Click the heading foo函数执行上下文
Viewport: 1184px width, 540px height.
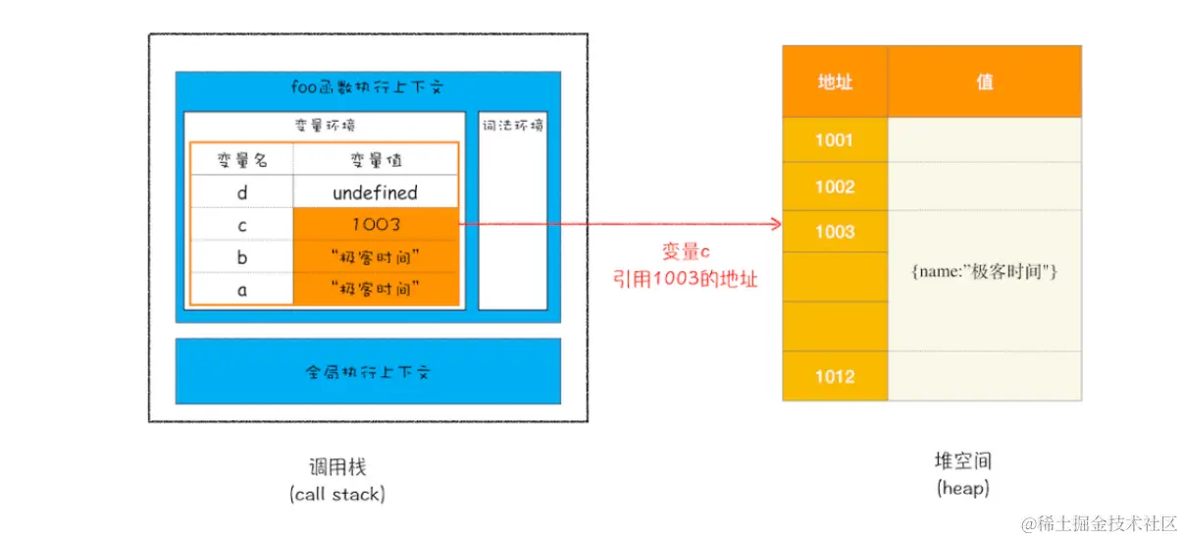pos(368,87)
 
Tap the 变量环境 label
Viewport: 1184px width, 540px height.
pos(325,126)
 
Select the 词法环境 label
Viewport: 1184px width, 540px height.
pos(513,126)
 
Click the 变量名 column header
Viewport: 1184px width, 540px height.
pos(242,159)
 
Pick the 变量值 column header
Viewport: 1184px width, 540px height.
pos(376,159)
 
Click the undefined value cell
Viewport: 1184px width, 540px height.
pos(375,192)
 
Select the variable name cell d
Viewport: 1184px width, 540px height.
pos(242,192)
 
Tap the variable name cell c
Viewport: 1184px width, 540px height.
pos(242,225)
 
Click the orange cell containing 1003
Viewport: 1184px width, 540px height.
pos(376,225)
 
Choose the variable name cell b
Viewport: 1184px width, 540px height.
pos(242,257)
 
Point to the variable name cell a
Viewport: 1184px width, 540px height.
pos(242,289)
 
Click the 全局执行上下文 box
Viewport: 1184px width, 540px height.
pos(368,372)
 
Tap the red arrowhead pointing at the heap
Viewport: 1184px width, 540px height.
pos(776,225)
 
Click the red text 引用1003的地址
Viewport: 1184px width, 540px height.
pos(684,278)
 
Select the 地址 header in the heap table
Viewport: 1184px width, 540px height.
pos(835,82)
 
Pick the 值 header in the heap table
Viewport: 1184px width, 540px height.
pos(985,82)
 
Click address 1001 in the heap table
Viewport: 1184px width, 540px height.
pos(835,140)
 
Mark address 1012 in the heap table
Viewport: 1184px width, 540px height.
pos(835,376)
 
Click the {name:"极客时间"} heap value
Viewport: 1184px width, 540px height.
pos(984,272)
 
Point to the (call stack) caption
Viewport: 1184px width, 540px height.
pos(337,495)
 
